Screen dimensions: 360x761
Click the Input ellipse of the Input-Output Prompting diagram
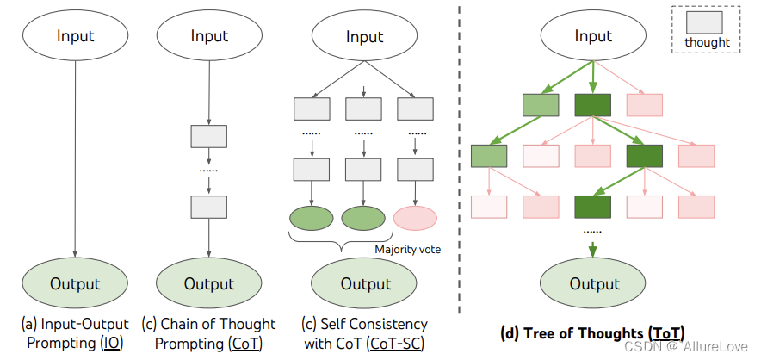pyautogui.click(x=76, y=36)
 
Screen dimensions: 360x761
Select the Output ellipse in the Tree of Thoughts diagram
pyautogui.click(x=592, y=283)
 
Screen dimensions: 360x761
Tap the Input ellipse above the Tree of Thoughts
pyautogui.click(x=592, y=36)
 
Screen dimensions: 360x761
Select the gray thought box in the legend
pyautogui.click(x=706, y=22)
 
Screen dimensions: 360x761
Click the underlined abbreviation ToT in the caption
pyautogui.click(x=665, y=332)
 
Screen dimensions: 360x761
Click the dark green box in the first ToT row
pyautogui.click(x=592, y=105)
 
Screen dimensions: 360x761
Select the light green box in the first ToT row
pyautogui.click(x=541, y=105)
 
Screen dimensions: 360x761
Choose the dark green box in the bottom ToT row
pyautogui.click(x=592, y=207)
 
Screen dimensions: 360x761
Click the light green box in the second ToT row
pyautogui.click(x=489, y=156)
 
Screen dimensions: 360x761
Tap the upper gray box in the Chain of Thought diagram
pyautogui.click(x=208, y=136)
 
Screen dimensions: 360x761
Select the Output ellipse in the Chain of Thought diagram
pyautogui.click(x=208, y=283)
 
